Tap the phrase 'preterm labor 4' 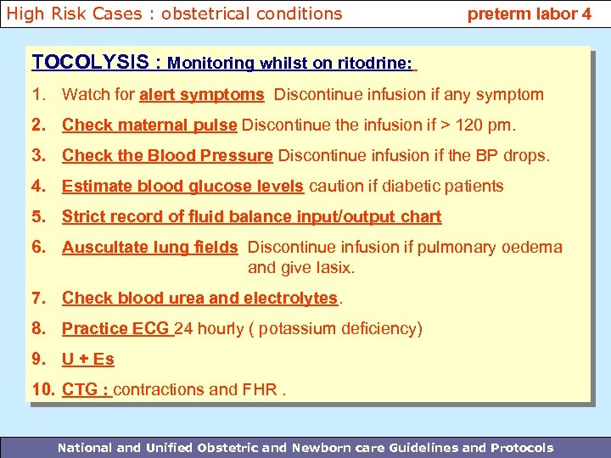tap(530, 14)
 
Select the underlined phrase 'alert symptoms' tap(202, 94)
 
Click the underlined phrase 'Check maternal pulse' tap(149, 126)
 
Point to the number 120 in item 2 tap(470, 126)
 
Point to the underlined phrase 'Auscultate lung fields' tap(149, 248)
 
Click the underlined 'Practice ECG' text tap(116, 328)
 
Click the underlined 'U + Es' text tap(88, 359)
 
